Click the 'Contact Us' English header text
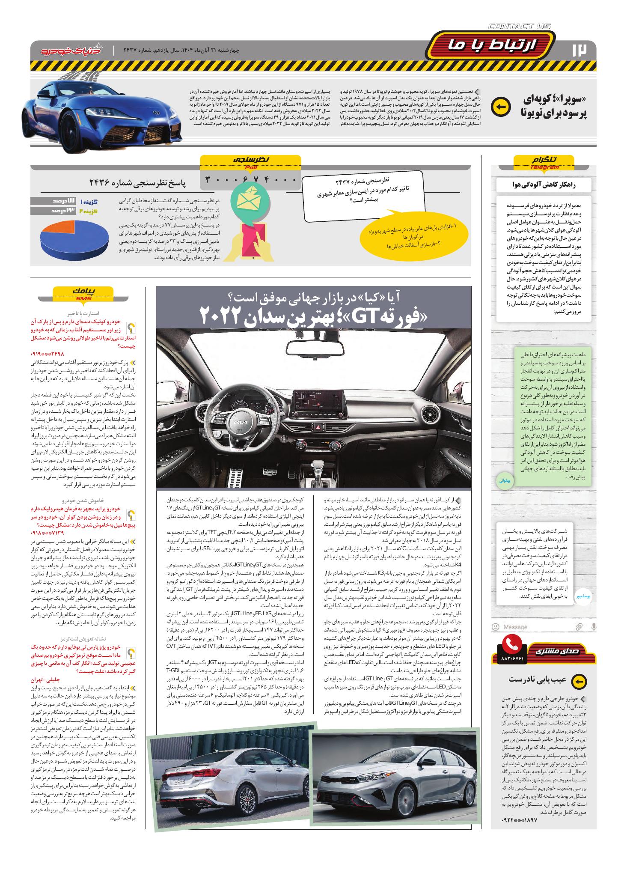pyautogui.click(x=520, y=27)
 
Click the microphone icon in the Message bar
pyautogui.click(x=594, y=627)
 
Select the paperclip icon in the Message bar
pyautogui.click(x=579, y=627)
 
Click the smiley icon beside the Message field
pyautogui.click(x=496, y=627)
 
